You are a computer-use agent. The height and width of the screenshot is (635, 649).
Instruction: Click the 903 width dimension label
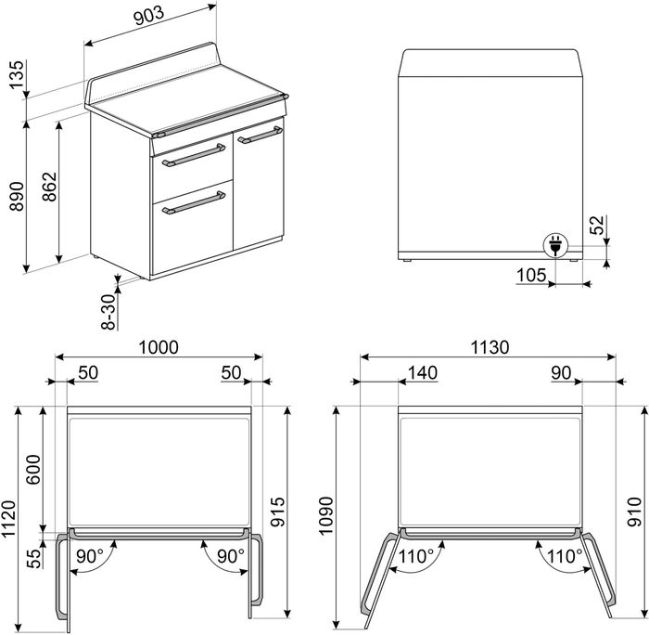click(149, 16)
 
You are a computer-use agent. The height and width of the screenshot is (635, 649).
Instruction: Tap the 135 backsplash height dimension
click(17, 75)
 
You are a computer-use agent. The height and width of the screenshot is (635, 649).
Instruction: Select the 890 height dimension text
click(17, 196)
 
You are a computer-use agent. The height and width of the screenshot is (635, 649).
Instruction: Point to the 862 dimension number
click(50, 187)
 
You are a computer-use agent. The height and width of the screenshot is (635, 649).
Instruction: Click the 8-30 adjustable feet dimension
click(108, 312)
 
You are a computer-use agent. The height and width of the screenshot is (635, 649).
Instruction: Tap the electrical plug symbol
click(555, 244)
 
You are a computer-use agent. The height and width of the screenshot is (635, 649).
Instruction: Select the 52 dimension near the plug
click(597, 226)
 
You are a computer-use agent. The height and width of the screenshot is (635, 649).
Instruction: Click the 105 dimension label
click(531, 275)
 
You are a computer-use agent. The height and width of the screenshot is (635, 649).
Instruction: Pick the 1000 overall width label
click(159, 347)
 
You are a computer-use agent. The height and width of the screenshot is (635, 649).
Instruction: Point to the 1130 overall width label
click(490, 347)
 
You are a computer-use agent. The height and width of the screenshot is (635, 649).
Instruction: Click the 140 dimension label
click(423, 372)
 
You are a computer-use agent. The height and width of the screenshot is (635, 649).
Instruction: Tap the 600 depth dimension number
click(33, 469)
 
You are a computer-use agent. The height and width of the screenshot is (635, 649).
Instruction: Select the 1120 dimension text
click(9, 519)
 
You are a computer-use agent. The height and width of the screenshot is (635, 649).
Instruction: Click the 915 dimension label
click(278, 512)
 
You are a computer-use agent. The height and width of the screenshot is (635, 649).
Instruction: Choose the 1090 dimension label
click(325, 515)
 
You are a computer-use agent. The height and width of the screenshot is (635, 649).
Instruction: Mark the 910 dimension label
click(634, 512)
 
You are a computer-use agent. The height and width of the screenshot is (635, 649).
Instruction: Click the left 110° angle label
click(416, 556)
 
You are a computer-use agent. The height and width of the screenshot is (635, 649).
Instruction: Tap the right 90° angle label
click(231, 556)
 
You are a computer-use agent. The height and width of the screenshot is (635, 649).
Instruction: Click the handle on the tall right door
click(261, 136)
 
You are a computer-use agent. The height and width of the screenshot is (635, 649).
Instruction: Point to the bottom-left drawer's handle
click(194, 202)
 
